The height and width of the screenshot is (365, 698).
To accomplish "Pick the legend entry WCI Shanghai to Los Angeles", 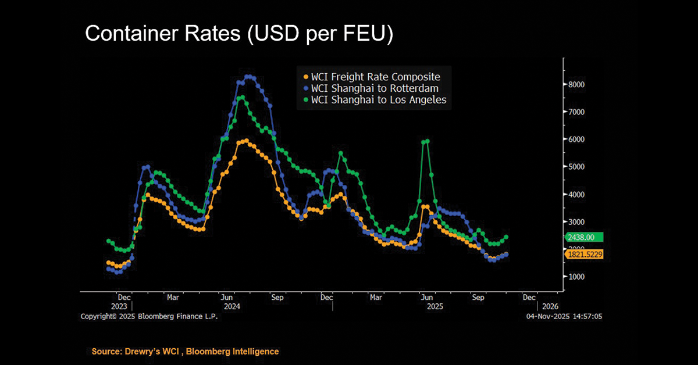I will point(379,100).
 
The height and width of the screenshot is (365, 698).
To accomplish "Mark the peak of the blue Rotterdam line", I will point(249,76).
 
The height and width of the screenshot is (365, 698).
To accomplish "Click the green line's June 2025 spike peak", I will point(428,141).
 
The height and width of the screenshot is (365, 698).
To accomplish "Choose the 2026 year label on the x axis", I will point(550,306).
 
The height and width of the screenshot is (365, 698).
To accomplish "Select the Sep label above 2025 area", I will point(478,297).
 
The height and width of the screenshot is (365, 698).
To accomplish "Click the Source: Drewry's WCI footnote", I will point(185,352).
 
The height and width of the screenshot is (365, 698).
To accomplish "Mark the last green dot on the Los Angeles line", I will point(506,237).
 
